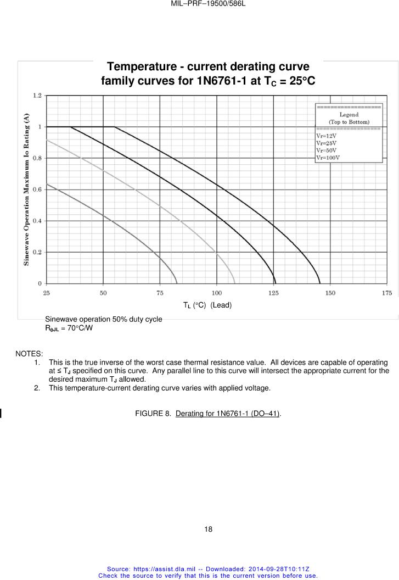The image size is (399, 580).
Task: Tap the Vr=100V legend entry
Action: point(328,158)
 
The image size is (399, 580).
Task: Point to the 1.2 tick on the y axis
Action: point(37,96)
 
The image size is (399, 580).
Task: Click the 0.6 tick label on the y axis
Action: point(37,189)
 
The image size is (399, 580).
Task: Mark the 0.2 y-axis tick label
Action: point(37,252)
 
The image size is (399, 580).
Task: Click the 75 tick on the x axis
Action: point(160,293)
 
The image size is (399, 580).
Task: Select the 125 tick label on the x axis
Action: point(273,293)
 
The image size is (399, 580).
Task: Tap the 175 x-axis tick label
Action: point(387,293)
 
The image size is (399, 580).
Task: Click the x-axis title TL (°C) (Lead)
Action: point(207,305)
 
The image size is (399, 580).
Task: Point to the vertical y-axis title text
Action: point(26,189)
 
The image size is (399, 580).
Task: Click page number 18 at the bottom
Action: point(208,529)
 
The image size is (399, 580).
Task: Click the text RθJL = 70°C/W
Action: point(69,328)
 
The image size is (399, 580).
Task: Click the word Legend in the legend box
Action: point(349,115)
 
